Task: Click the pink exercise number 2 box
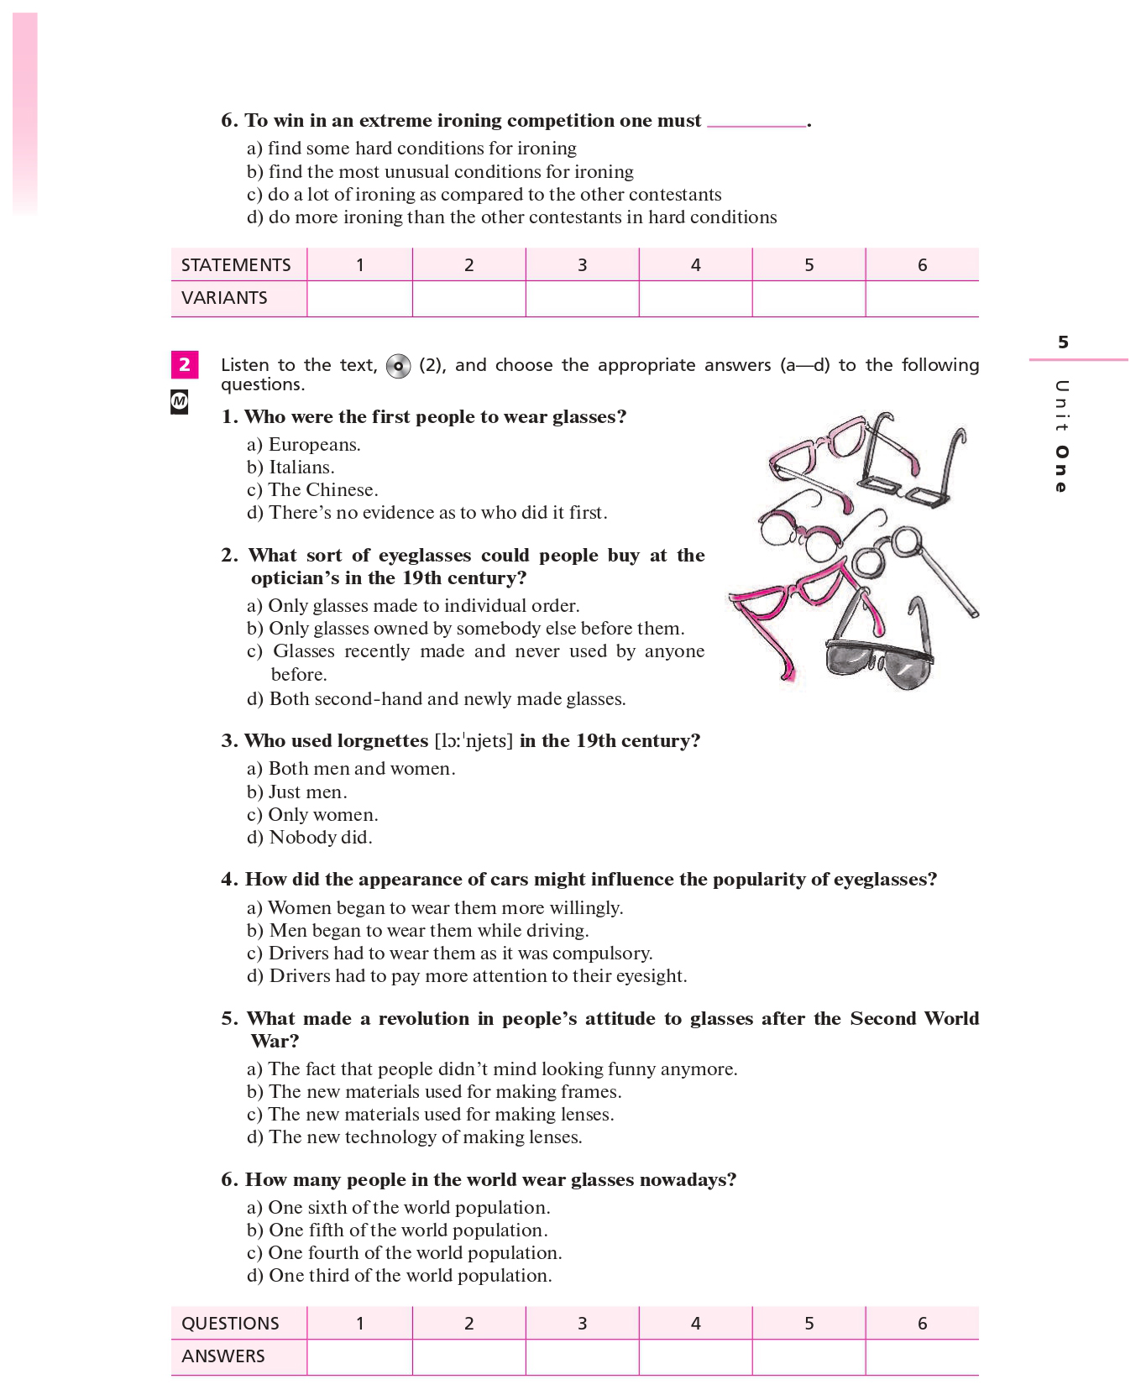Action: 185,364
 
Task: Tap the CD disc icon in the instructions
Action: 398,366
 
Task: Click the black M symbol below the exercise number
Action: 179,402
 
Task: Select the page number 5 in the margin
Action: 1063,342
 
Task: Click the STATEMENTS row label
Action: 236,265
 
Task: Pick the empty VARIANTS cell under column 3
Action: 582,299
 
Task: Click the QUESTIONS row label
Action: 230,1324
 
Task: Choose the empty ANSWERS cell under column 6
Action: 922,1357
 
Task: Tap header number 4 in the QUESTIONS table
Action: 695,1324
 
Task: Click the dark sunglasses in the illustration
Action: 878,663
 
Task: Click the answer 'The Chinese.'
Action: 323,490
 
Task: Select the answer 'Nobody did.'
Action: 321,838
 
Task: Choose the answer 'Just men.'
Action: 307,792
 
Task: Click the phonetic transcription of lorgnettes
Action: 474,741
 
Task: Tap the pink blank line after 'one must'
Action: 756,123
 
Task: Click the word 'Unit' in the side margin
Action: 1062,405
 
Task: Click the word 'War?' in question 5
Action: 275,1042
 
